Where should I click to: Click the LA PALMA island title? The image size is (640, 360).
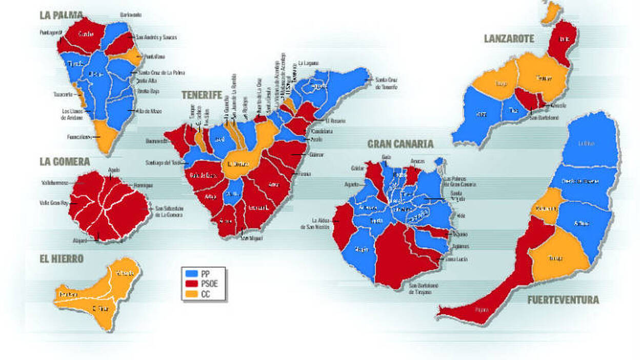pos(61,15)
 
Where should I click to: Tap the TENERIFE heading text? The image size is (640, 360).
pos(201,95)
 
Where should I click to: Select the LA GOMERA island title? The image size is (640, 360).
pos(65,162)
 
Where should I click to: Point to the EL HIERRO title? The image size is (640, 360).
pos(61,259)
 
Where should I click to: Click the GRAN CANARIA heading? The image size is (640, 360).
pos(400,144)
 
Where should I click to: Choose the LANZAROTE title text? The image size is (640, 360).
pos(509,38)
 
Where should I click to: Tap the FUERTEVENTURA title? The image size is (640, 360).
pos(563,300)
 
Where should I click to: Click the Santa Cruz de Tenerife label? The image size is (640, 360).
pos(386,83)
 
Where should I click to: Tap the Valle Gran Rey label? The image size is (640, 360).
pos(53,203)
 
